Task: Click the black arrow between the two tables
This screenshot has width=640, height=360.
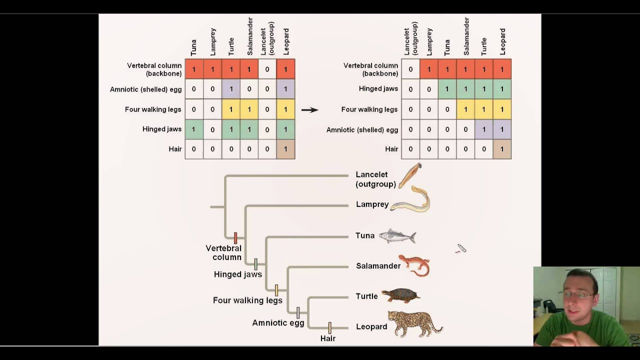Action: click(309, 109)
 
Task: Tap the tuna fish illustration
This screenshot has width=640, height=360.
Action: click(397, 236)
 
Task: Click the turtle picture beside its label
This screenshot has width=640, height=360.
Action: click(400, 295)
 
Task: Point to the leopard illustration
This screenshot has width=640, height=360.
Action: click(415, 324)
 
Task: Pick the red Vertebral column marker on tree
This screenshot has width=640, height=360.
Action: click(235, 237)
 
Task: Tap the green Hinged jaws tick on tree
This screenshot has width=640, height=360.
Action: click(255, 264)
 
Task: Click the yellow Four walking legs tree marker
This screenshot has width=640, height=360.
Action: click(276, 290)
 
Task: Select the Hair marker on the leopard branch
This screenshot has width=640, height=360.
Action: click(329, 328)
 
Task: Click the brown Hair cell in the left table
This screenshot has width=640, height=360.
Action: click(285, 149)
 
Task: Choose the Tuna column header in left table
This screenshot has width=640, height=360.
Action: click(193, 47)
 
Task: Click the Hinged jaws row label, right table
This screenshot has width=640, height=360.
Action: click(378, 88)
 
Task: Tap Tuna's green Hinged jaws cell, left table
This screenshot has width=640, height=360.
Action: click(194, 129)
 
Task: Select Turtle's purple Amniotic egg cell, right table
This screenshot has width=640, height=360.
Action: click(483, 129)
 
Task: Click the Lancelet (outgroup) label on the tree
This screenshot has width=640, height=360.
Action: click(375, 179)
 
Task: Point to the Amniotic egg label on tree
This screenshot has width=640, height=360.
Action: click(278, 323)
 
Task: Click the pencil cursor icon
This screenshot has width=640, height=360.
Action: click(461, 248)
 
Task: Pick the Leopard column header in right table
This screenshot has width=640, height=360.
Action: click(502, 41)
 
